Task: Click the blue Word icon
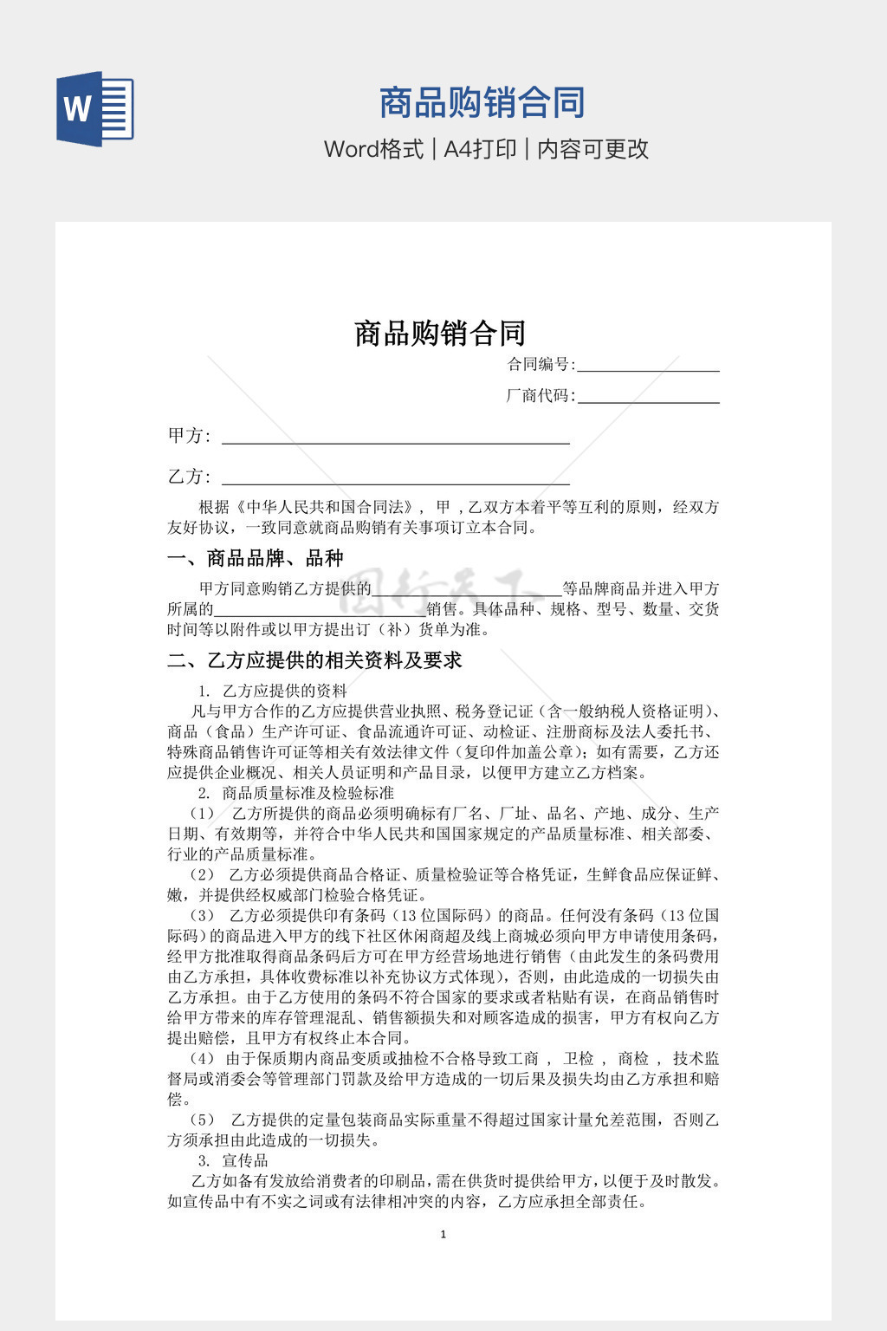pyautogui.click(x=95, y=109)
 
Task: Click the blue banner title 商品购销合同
pyautogui.click(x=482, y=103)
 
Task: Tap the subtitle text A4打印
pyautogui.click(x=480, y=149)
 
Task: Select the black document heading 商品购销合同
pyautogui.click(x=440, y=333)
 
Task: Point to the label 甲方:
pyautogui.click(x=189, y=436)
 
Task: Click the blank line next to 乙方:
pyautogui.click(x=396, y=477)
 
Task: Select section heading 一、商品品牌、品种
pyautogui.click(x=256, y=558)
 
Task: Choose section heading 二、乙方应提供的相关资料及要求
pyautogui.click(x=314, y=660)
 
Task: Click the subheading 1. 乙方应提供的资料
pyautogui.click(x=272, y=691)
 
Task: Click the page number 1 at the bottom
pyautogui.click(x=443, y=1235)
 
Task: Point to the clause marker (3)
pyautogui.click(x=202, y=915)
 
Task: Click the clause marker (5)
pyautogui.click(x=202, y=1120)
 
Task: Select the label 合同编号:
pyautogui.click(x=541, y=364)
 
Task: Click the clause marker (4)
pyautogui.click(x=202, y=1058)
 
